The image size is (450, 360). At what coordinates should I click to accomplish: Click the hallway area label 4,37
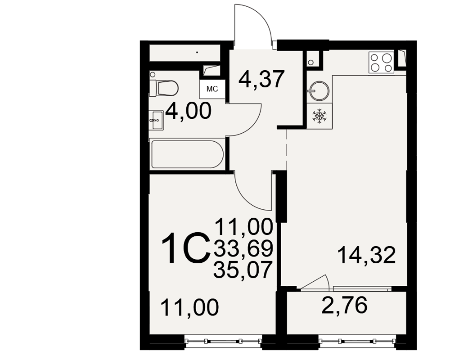(261, 79)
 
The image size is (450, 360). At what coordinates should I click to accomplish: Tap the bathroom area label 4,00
(189, 111)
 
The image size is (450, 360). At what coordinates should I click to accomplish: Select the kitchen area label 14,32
(367, 255)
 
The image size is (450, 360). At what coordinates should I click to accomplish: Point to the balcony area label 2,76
(344, 305)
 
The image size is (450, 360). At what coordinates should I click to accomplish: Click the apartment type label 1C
(185, 248)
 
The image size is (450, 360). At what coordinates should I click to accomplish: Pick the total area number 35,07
(243, 270)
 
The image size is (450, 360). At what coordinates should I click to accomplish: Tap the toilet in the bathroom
(164, 88)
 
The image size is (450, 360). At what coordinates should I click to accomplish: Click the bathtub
(187, 154)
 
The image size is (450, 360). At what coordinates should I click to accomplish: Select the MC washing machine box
(212, 89)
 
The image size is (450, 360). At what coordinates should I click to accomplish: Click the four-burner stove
(382, 63)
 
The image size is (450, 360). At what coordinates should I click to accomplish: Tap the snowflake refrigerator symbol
(319, 116)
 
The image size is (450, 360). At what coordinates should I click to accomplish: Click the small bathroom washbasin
(156, 120)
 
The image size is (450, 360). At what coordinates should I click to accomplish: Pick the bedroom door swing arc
(247, 198)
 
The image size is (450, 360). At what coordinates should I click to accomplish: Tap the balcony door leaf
(314, 281)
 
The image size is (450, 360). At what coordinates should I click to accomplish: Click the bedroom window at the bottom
(224, 342)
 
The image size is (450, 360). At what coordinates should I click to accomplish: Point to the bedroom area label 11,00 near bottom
(190, 307)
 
